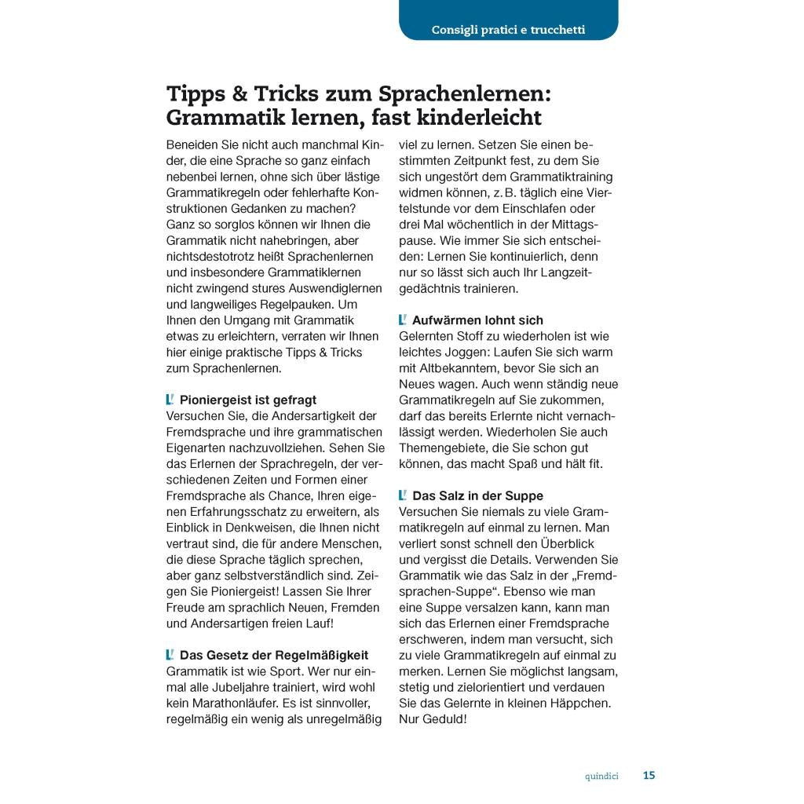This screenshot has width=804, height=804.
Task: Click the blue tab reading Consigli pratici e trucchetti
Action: click(508, 31)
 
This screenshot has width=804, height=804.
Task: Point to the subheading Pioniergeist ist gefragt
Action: click(248, 400)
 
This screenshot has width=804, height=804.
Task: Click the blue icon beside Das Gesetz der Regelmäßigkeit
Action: click(170, 654)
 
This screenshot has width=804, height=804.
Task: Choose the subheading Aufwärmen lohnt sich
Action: click(477, 320)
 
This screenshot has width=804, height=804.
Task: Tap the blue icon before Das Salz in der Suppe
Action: click(403, 495)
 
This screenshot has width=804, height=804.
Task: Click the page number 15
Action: click(649, 776)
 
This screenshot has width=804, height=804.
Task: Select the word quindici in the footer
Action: click(601, 777)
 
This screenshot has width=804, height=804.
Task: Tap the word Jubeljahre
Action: click(250, 687)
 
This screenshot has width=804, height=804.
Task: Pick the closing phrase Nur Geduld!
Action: click(433, 718)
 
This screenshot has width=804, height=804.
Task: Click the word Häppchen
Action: click(581, 703)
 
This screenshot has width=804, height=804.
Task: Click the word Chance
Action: click(290, 495)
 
